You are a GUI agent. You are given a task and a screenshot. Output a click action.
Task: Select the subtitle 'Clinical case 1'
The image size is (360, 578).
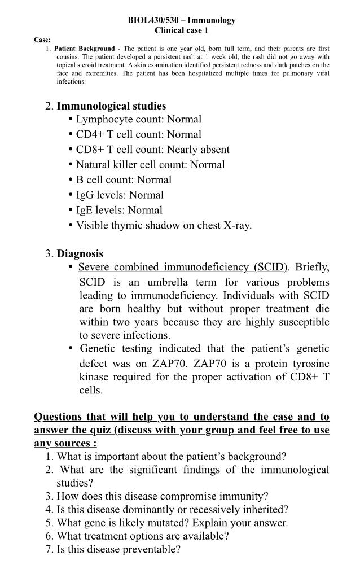[x=181, y=30]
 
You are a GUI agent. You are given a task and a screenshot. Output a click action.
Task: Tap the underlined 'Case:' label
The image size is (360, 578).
[x=42, y=40]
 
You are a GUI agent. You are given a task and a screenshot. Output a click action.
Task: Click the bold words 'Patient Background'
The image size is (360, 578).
[x=85, y=49]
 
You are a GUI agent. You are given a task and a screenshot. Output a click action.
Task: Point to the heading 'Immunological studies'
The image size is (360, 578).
[x=111, y=106]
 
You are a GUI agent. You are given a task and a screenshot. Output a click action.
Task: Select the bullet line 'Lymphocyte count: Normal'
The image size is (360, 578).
[x=138, y=119]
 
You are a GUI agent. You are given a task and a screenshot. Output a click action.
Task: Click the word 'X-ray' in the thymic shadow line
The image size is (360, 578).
[x=237, y=226]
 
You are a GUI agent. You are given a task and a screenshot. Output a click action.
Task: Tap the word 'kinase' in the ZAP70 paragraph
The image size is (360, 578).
[x=96, y=377]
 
